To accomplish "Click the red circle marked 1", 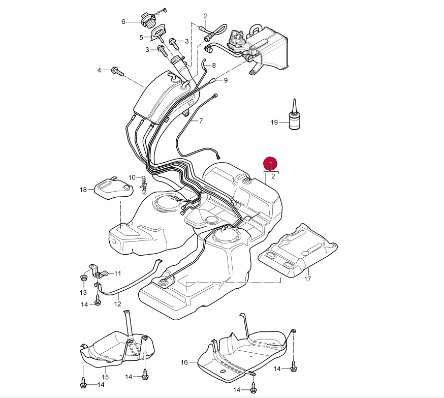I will click(x=271, y=164).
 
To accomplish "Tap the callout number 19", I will click(x=275, y=123).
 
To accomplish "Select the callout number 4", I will click(x=100, y=69).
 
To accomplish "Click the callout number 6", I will click(x=123, y=22).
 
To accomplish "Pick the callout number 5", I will click(x=142, y=37).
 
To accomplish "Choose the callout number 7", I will click(x=201, y=121).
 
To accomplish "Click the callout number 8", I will click(x=213, y=65).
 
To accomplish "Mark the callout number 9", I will click(x=226, y=80).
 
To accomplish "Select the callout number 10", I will click(x=132, y=177).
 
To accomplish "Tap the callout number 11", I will click(x=117, y=273).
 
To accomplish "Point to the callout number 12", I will click(x=117, y=304).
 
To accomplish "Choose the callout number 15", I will click(x=105, y=377).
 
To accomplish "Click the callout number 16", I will click(x=184, y=362).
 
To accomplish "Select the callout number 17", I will click(x=307, y=279).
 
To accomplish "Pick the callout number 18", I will click(x=83, y=190).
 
